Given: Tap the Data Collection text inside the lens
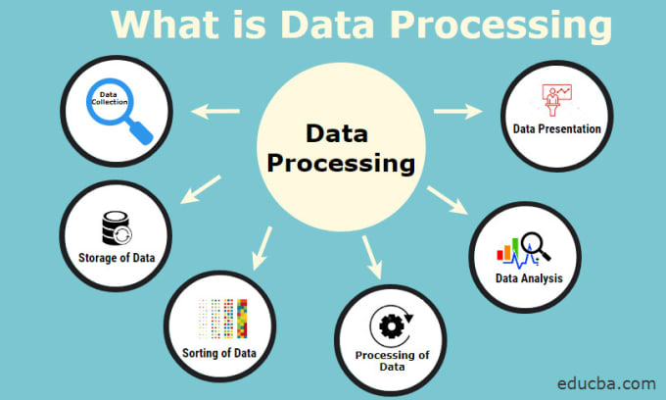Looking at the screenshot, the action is click(109, 99).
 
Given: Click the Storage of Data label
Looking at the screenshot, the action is click(117, 258).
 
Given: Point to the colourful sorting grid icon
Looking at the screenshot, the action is click(222, 319).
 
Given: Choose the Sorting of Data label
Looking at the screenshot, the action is click(219, 353).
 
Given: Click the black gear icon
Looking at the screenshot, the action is click(391, 326).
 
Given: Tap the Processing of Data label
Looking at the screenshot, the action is click(392, 361).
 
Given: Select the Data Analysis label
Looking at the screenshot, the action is click(529, 278).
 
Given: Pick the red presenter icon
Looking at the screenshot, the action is click(557, 99).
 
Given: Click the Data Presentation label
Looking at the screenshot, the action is click(557, 128).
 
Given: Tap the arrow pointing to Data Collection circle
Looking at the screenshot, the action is click(215, 112).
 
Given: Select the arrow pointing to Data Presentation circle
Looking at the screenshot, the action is click(458, 112).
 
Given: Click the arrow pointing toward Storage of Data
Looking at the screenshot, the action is click(201, 189).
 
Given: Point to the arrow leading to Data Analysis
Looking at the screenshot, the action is click(448, 200).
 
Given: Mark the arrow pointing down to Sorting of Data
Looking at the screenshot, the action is click(262, 248).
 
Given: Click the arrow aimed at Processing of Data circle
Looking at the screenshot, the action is click(372, 257).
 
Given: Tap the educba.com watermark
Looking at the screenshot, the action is click(606, 383).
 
